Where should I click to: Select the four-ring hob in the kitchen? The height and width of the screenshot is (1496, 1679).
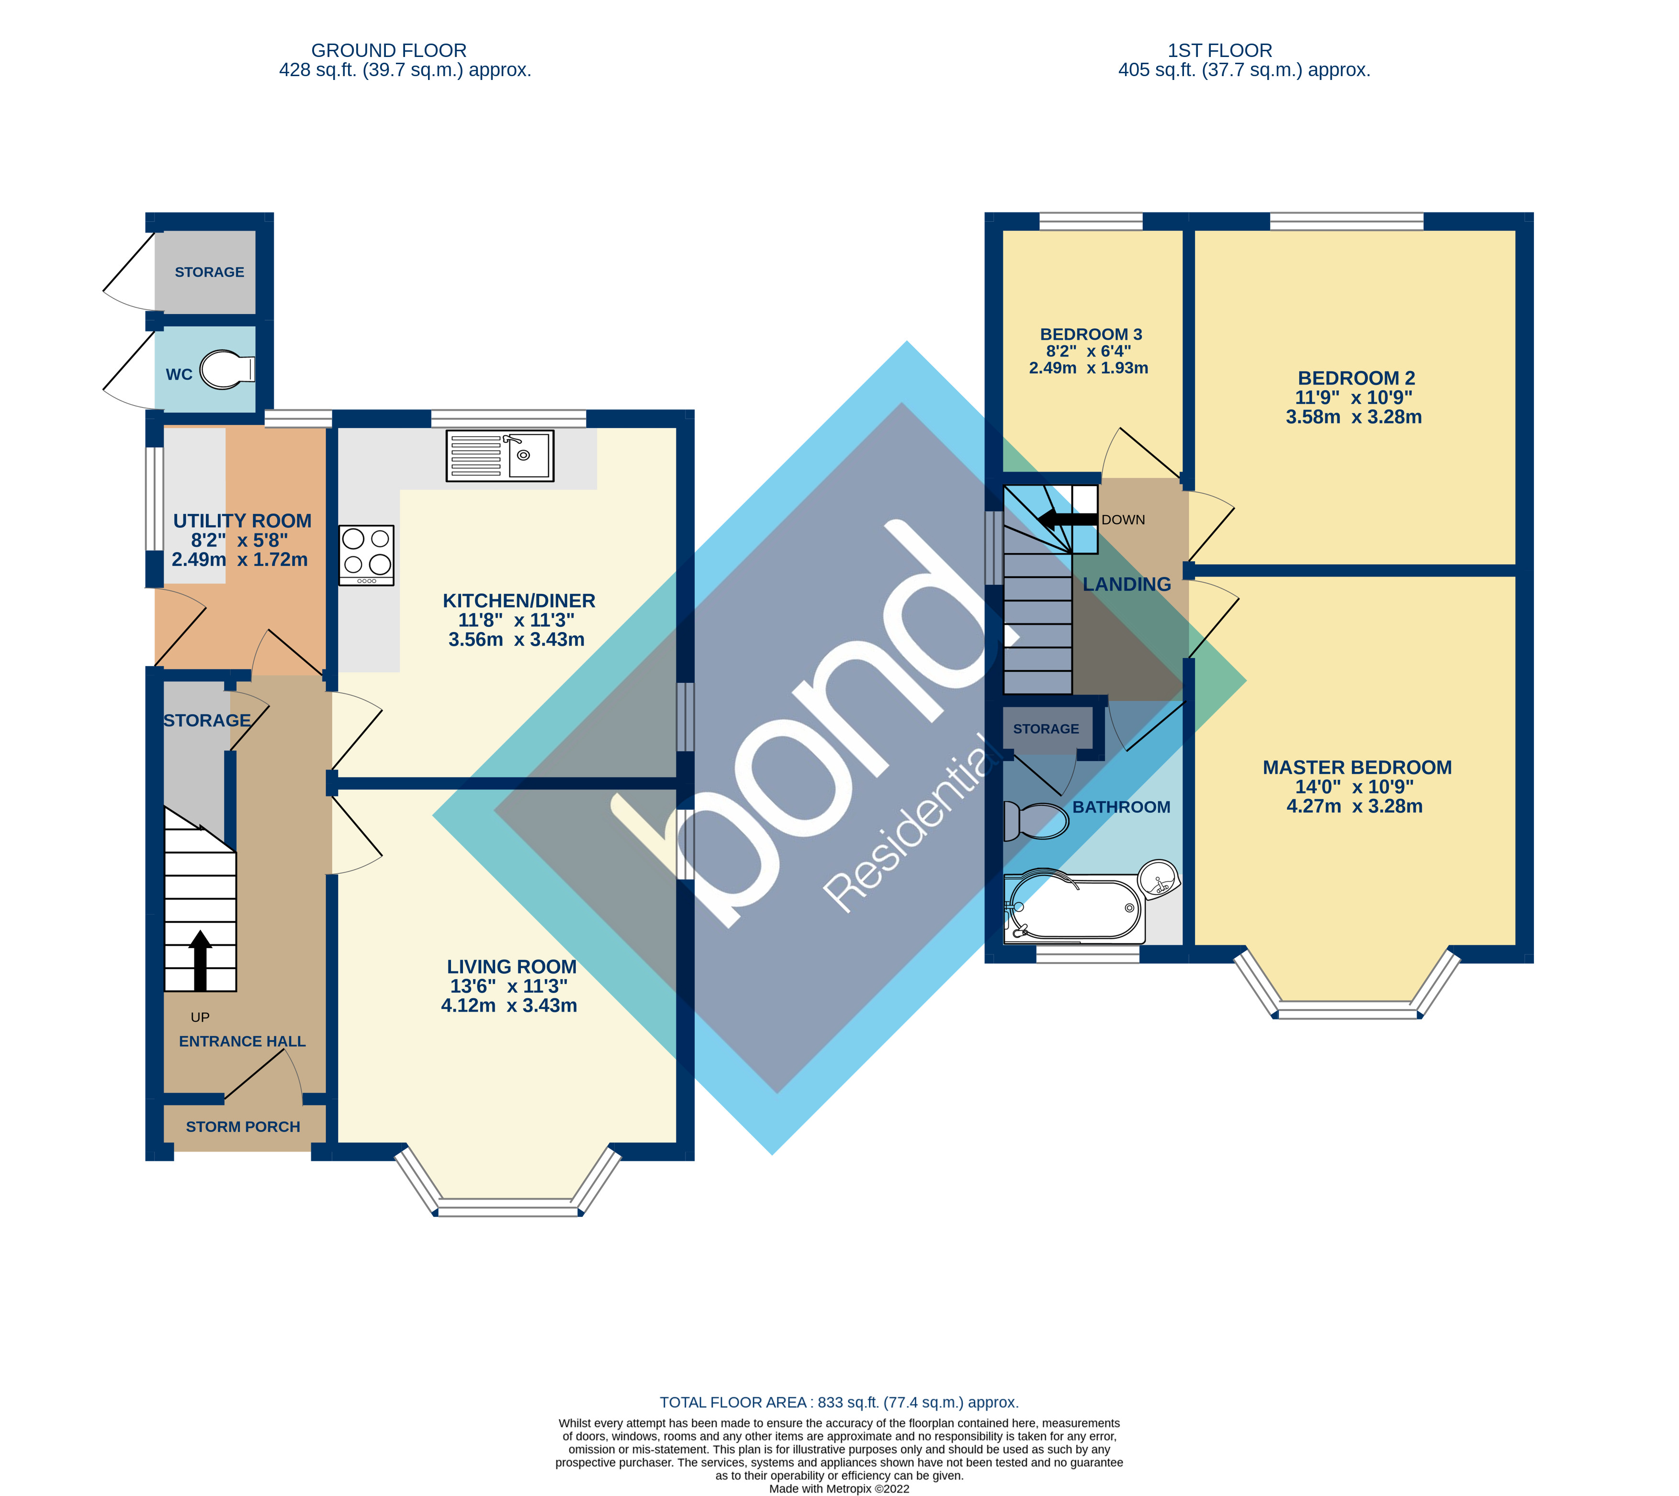(x=367, y=555)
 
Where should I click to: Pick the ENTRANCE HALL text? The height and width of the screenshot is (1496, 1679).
(x=242, y=1042)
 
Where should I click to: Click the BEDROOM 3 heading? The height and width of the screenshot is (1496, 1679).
(x=1091, y=335)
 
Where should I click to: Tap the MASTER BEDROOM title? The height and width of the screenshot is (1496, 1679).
(x=1357, y=768)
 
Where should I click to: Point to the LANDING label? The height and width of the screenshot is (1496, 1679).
(x=1126, y=584)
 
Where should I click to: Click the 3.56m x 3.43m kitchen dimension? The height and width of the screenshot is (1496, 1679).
(x=516, y=639)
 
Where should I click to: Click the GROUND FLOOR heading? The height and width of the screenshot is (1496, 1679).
(x=389, y=51)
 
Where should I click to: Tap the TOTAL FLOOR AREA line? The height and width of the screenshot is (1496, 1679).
(x=839, y=1402)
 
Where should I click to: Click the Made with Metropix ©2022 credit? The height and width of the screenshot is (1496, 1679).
(x=839, y=1489)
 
